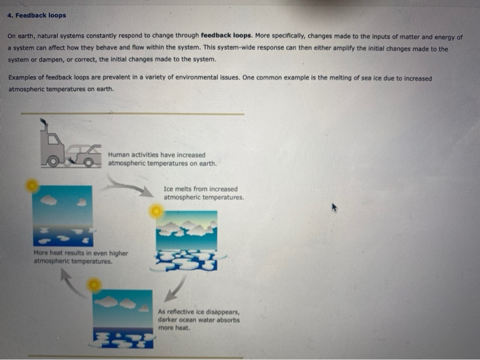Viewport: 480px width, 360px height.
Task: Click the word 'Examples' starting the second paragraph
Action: (x=23, y=78)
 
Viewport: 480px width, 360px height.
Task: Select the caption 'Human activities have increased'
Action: (x=156, y=155)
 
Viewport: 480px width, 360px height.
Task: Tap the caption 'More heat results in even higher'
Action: (x=80, y=252)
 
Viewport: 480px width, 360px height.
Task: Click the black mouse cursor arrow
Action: (x=335, y=206)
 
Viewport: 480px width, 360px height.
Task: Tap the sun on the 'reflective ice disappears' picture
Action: (x=95, y=284)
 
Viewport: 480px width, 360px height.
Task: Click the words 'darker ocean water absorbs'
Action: (x=199, y=320)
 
